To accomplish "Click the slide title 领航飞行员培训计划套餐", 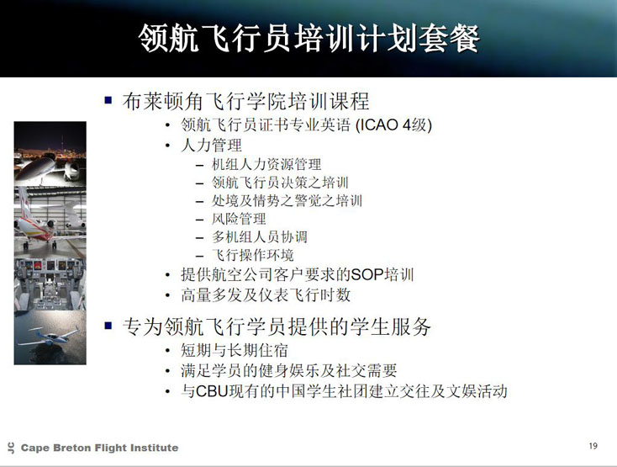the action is click(x=308, y=38).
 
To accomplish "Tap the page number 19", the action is click(x=593, y=446).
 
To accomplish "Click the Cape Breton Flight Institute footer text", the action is click(x=99, y=448).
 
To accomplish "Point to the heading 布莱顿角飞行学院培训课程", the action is click(x=246, y=101).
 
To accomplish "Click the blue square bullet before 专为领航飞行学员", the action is click(x=108, y=326).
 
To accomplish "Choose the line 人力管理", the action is click(x=211, y=145).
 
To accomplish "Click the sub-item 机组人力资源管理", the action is click(x=266, y=164).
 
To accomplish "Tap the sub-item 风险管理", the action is click(x=239, y=219).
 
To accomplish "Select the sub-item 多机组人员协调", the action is click(x=260, y=236).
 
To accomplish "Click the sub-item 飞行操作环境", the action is click(x=253, y=255).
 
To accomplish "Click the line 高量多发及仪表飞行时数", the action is click(x=266, y=295).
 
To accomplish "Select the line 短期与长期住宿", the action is click(x=235, y=350).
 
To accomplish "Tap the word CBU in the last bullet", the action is click(x=212, y=391).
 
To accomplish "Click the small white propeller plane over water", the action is click(x=50, y=337).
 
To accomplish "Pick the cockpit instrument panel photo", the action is click(x=50, y=284).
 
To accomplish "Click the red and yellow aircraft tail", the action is click(x=24, y=203).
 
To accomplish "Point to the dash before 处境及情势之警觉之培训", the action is click(x=200, y=201).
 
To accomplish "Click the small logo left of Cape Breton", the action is click(x=11, y=448).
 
